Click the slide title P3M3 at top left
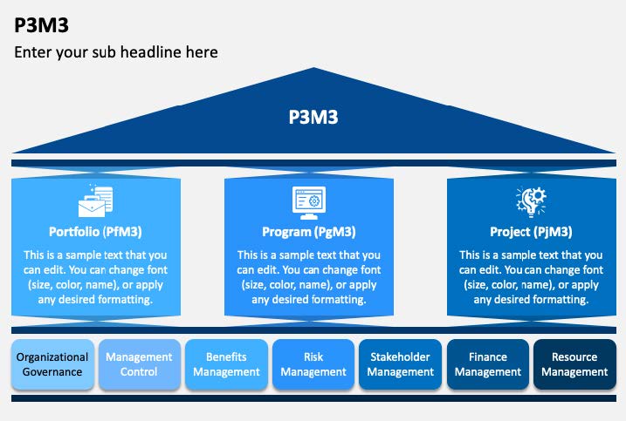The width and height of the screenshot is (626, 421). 42,25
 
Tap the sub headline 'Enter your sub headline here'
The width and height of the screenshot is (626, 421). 116,52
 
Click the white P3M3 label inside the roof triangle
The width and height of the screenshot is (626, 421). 313,117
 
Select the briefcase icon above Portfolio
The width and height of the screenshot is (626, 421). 95,200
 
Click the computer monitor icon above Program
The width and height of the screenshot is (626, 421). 309,202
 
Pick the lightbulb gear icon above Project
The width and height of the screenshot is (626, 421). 531,201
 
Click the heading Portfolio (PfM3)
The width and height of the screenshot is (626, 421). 95,232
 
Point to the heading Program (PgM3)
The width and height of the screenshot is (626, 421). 309,232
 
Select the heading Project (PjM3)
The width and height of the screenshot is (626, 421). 531,232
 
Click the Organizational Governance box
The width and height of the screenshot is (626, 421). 52,364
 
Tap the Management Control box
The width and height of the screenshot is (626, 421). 140,364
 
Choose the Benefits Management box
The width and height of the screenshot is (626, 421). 226,364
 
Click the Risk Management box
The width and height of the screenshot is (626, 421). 313,364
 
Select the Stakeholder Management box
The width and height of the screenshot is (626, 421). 401,364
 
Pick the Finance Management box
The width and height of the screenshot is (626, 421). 488,364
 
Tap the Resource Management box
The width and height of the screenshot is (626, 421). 574,364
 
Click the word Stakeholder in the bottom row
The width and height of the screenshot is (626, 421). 400,356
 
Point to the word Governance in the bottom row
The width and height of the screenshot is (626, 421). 52,372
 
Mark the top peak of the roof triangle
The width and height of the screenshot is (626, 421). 313,68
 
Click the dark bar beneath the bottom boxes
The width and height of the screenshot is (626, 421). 313,398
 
